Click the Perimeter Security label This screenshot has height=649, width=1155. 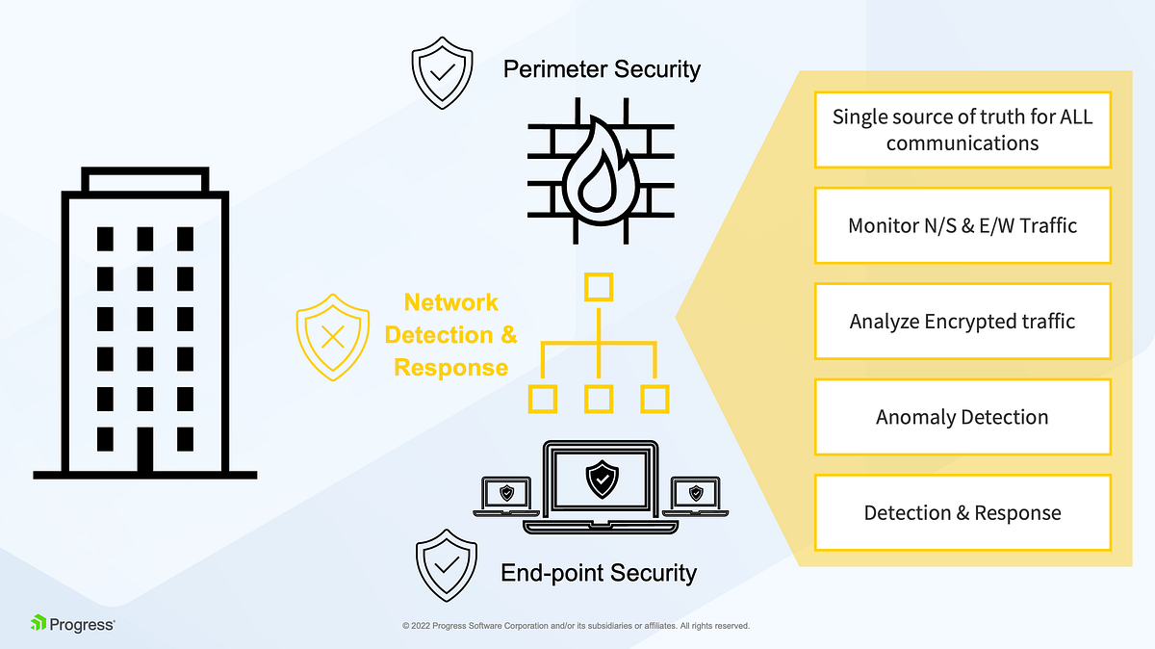[602, 69]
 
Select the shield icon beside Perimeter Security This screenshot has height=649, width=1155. [442, 75]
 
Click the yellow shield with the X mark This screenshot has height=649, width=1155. [332, 337]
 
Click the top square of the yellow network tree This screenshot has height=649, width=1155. [600, 287]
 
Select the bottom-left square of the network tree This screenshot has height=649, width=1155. [544, 399]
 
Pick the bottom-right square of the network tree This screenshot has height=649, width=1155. [655, 399]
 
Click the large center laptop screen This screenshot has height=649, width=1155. [602, 478]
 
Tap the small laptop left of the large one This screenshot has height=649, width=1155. [506, 494]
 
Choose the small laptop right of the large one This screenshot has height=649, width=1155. [696, 494]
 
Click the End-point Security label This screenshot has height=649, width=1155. [599, 574]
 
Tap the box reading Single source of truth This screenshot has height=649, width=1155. [962, 130]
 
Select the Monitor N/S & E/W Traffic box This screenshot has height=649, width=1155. [962, 225]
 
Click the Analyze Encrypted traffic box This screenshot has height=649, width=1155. [962, 321]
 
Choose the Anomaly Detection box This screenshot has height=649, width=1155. [962, 417]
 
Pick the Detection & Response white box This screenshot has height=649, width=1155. [962, 512]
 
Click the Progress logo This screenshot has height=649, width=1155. [73, 623]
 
